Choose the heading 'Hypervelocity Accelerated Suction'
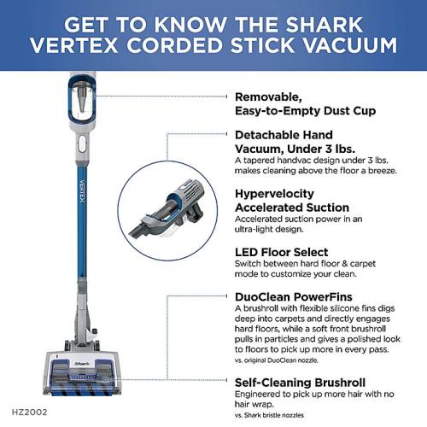click(291, 201)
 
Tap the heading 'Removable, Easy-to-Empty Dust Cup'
click(304, 103)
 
